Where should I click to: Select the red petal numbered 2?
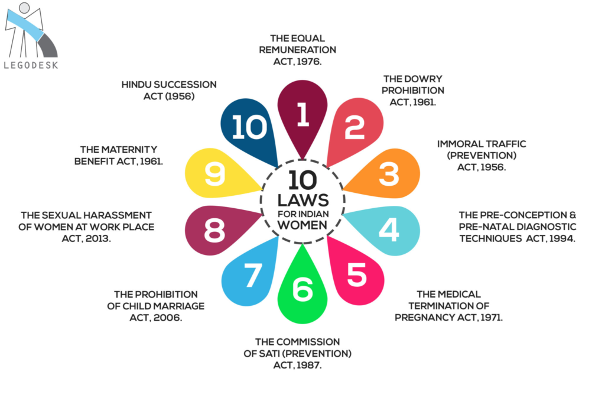pyautogui.click(x=355, y=128)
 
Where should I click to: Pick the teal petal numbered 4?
pyautogui.click(x=388, y=230)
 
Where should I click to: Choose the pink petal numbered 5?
pyautogui.click(x=356, y=275)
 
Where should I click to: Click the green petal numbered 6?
pyautogui.click(x=302, y=290)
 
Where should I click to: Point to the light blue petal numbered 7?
pyautogui.click(x=250, y=275)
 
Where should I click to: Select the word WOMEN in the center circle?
pyautogui.click(x=302, y=225)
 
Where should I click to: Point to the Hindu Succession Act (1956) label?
pyautogui.click(x=168, y=91)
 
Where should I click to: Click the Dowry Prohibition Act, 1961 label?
pyautogui.click(x=412, y=91)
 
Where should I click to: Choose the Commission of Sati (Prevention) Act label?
pyautogui.click(x=298, y=354)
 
